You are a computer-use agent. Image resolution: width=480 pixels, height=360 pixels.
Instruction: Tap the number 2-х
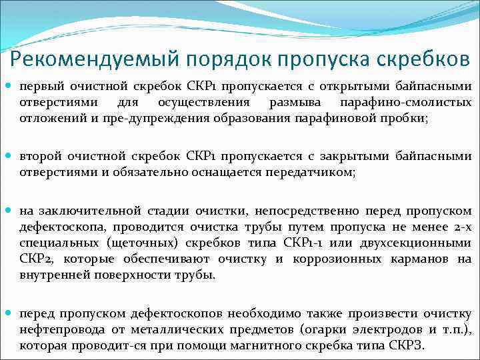tap(459, 227)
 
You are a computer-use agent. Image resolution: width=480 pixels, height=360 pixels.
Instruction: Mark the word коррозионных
tap(350, 259)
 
